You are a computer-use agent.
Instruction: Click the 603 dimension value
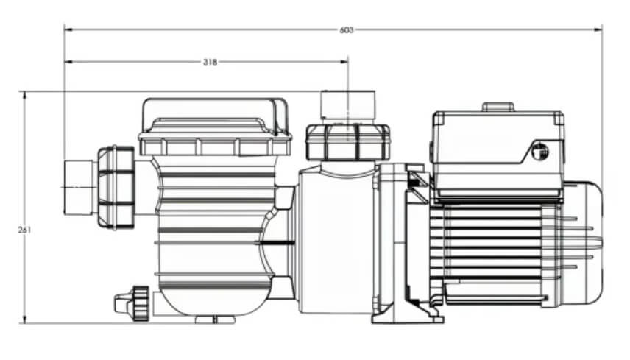click(x=347, y=29)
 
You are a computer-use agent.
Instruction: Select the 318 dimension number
click(x=210, y=62)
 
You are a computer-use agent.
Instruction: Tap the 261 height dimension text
click(x=24, y=230)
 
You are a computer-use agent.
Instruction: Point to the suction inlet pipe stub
click(x=80, y=188)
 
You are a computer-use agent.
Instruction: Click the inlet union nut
click(x=116, y=188)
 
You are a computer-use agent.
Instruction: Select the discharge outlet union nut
click(x=347, y=141)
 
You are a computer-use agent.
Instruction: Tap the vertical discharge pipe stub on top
click(x=348, y=106)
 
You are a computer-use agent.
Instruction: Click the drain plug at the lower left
click(x=132, y=303)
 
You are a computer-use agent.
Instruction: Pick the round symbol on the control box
click(x=540, y=152)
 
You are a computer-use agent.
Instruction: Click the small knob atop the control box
click(x=498, y=107)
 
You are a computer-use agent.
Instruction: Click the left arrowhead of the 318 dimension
click(x=68, y=62)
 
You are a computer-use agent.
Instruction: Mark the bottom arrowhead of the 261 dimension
click(x=25, y=319)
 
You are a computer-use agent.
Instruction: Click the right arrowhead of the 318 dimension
click(x=344, y=62)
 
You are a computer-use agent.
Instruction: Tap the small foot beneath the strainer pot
click(x=215, y=320)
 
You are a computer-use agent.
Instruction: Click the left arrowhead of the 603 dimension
click(x=68, y=29)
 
